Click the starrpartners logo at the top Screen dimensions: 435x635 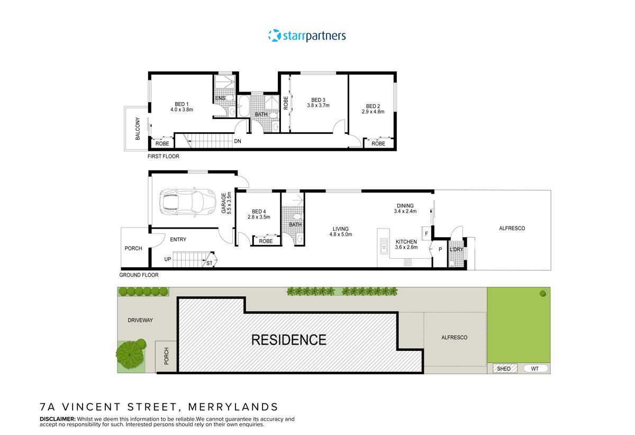[307, 36]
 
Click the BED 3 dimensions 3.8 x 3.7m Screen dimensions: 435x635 [318, 106]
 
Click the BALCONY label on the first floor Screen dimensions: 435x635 [138, 129]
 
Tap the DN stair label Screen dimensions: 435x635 [238, 141]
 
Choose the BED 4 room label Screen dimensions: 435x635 [259, 211]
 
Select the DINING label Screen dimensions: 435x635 [405, 206]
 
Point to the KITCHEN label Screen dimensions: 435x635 [406, 242]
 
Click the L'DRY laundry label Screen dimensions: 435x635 [456, 249]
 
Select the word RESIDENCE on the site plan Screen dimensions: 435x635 [288, 339]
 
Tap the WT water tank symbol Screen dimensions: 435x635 [534, 369]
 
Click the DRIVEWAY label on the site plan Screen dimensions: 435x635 [140, 320]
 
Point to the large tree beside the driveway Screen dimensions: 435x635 [130, 353]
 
